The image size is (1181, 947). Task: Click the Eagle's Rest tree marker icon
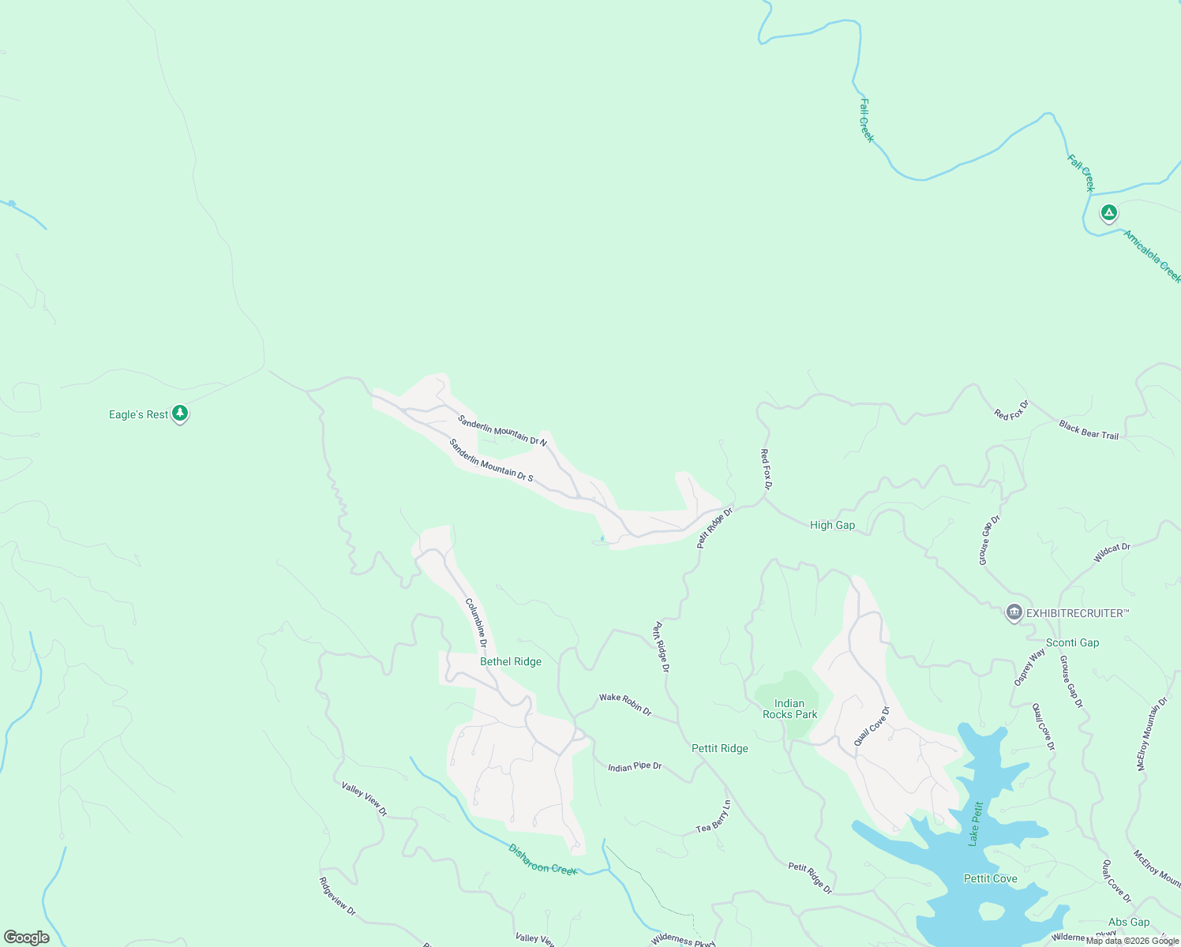tap(180, 413)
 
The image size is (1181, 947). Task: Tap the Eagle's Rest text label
tap(138, 414)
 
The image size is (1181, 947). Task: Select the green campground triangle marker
tap(1109, 212)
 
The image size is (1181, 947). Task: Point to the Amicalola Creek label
tap(1152, 256)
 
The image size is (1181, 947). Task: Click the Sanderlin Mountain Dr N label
tap(502, 430)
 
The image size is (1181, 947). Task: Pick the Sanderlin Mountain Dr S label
tap(491, 460)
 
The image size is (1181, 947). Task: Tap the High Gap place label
tap(832, 525)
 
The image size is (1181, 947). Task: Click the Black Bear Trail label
tap(1089, 430)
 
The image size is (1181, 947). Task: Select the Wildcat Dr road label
tap(1112, 552)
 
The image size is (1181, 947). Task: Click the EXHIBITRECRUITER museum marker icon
tap(1014, 612)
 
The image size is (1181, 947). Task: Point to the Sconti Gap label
tap(1072, 642)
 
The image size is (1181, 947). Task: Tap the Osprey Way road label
tap(1029, 667)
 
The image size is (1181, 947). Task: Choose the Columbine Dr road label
tap(476, 623)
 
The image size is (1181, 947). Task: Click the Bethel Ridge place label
tap(511, 661)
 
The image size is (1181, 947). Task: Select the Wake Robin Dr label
tap(625, 704)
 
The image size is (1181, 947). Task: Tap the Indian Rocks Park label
tap(789, 709)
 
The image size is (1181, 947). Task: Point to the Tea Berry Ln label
tap(714, 817)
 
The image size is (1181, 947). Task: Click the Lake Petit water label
tap(976, 823)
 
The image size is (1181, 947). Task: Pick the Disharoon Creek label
tap(542, 859)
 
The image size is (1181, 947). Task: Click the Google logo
tap(27, 938)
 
